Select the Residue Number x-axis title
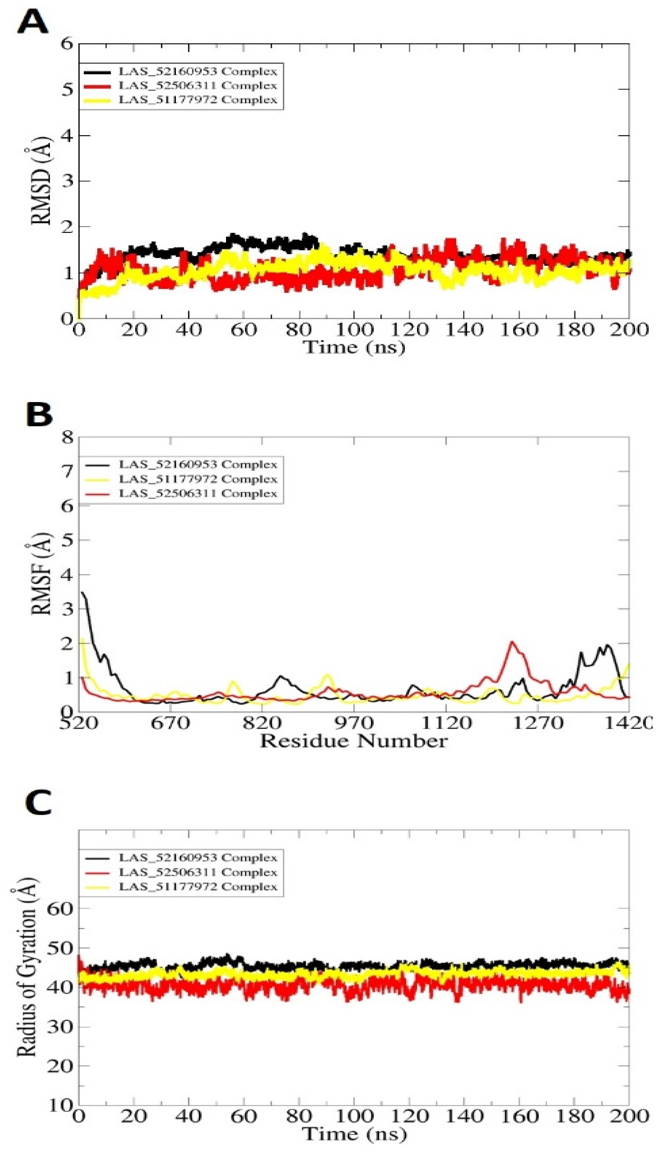point(353,741)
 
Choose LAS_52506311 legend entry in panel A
point(197,86)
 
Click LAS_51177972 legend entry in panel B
point(197,479)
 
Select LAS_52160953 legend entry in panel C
point(197,858)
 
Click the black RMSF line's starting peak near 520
point(82,593)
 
